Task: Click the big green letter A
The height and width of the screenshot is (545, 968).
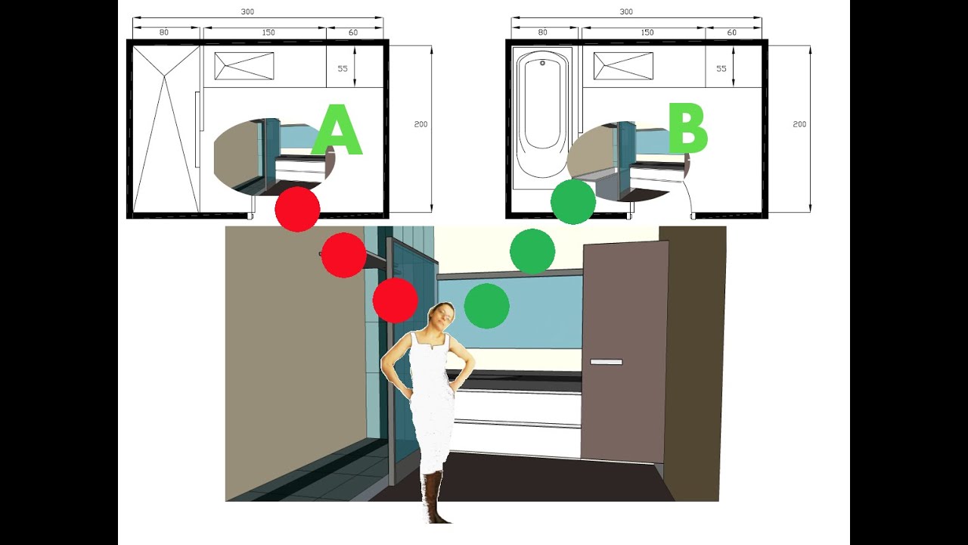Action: pyautogui.click(x=337, y=132)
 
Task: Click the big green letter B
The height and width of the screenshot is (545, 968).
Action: pyautogui.click(x=687, y=129)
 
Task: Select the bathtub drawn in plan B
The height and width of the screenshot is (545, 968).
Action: pyautogui.click(x=541, y=117)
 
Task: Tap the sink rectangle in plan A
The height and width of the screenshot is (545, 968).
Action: pyautogui.click(x=244, y=66)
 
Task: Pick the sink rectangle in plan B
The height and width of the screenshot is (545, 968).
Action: pyautogui.click(x=623, y=66)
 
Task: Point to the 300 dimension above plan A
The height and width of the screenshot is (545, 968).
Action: pyautogui.click(x=248, y=12)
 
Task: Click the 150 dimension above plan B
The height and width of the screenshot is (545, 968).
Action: pyautogui.click(x=647, y=33)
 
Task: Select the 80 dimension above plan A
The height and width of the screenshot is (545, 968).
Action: pyautogui.click(x=164, y=33)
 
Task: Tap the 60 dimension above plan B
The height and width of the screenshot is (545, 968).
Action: pyautogui.click(x=731, y=33)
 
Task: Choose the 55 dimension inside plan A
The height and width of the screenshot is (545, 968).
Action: pyautogui.click(x=343, y=68)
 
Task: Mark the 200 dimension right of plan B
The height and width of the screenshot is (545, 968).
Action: pyautogui.click(x=799, y=124)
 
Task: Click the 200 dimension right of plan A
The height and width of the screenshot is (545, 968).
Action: pyautogui.click(x=420, y=124)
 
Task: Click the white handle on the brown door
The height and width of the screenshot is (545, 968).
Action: pyautogui.click(x=606, y=363)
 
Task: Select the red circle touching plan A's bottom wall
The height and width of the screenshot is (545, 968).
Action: pyautogui.click(x=297, y=209)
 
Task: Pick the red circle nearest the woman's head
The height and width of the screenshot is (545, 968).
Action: pyautogui.click(x=395, y=300)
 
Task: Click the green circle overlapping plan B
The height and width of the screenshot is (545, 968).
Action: pyautogui.click(x=572, y=201)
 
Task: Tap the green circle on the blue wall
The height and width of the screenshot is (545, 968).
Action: pyautogui.click(x=486, y=306)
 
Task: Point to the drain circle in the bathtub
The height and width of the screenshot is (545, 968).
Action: pyautogui.click(x=541, y=64)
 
